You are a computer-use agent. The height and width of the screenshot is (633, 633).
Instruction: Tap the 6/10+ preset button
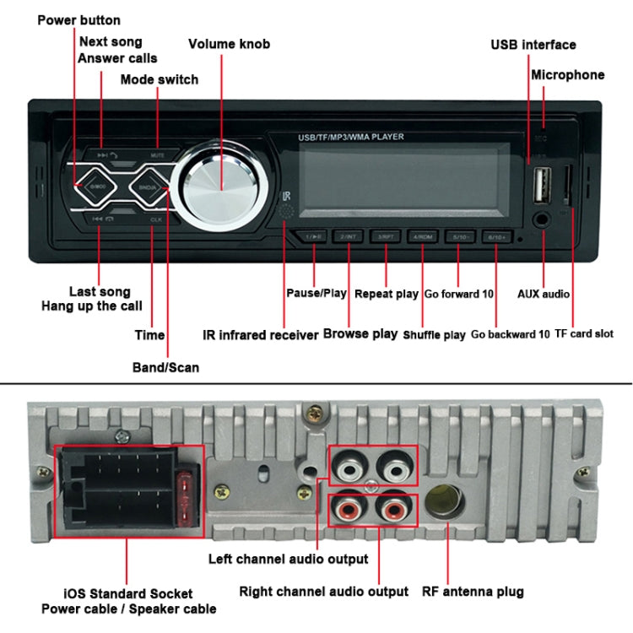pyautogui.click(x=495, y=236)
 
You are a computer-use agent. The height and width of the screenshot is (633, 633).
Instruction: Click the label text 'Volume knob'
pyautogui.click(x=229, y=44)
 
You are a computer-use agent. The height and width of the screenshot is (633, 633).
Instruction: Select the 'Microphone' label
pyautogui.click(x=567, y=75)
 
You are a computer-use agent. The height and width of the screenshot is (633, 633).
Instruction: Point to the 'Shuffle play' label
pyautogui.click(x=434, y=335)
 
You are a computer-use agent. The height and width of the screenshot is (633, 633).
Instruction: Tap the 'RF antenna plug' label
pyautogui.click(x=473, y=592)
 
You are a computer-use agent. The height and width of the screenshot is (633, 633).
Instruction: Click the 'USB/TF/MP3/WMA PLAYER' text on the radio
pyautogui.click(x=350, y=137)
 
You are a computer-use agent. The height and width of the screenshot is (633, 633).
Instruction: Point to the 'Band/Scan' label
pyautogui.click(x=165, y=367)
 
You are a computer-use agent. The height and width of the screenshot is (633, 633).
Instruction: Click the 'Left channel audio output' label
pyautogui.click(x=289, y=559)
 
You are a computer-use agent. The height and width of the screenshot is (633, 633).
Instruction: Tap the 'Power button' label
pyautogui.click(x=78, y=19)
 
